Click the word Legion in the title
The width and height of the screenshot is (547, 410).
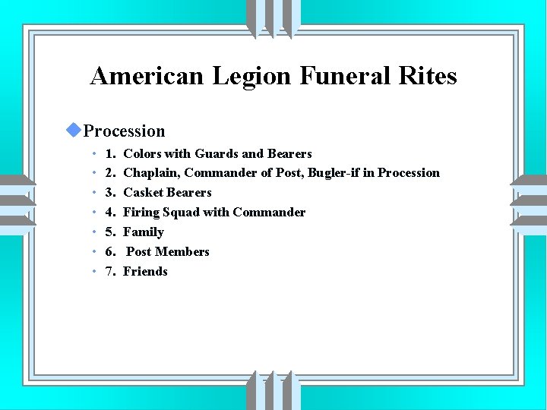251,76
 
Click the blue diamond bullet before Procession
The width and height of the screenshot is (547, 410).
73,130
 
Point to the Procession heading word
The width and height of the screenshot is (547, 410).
124,131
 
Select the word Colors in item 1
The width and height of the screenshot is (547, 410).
141,153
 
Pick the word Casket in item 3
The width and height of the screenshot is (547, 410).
143,193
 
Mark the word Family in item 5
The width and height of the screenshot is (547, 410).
144,232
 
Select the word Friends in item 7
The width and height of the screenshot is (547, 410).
145,272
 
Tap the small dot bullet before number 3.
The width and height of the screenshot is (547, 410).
92,193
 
